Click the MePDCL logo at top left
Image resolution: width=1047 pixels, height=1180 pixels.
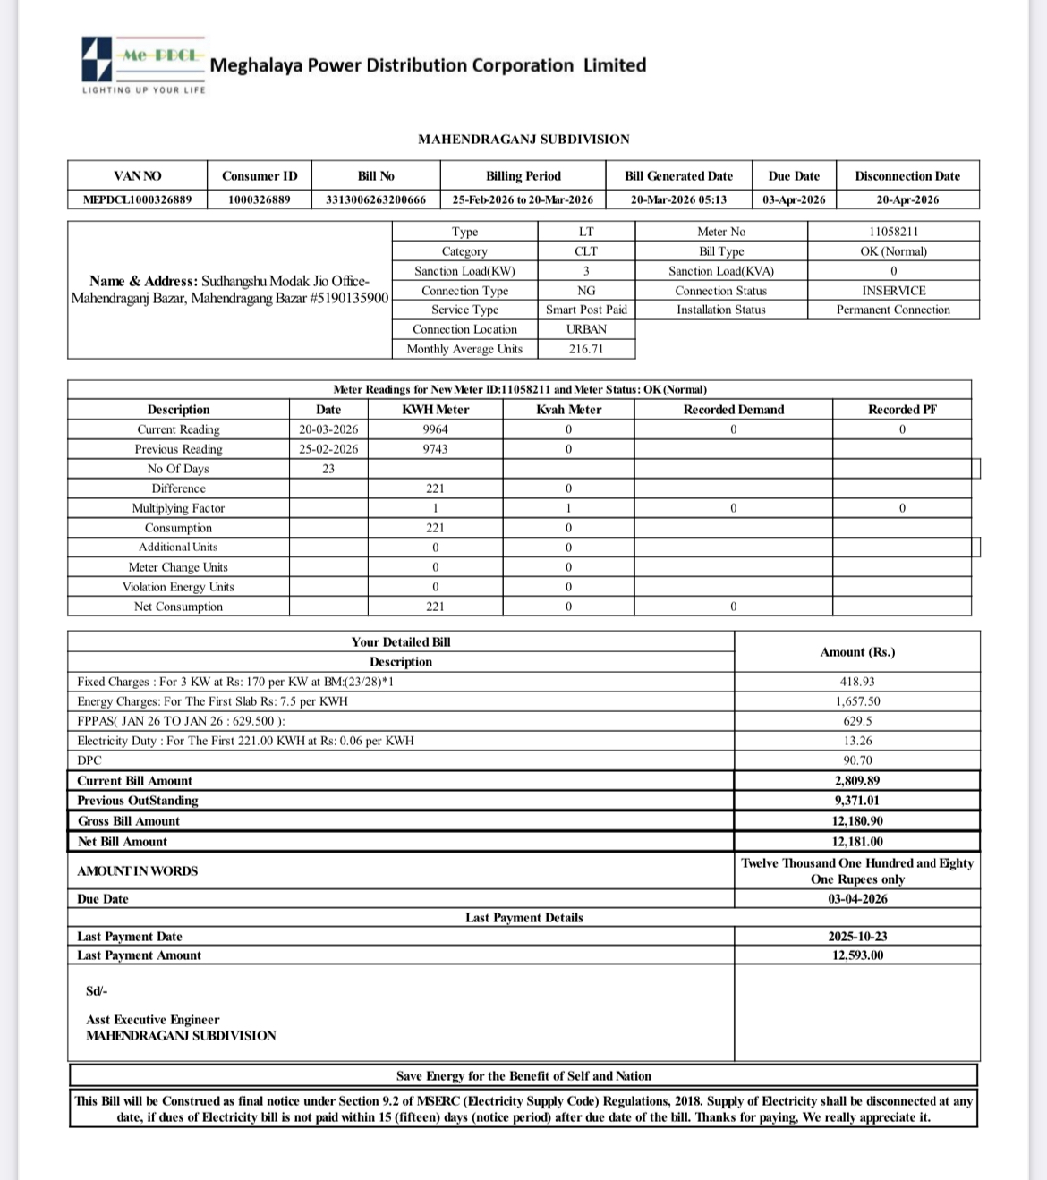143,65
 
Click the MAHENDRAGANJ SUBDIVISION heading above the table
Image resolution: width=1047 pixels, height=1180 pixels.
523,139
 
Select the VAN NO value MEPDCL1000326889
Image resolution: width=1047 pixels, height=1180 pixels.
137,199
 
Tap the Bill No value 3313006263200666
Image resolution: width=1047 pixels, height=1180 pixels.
376,199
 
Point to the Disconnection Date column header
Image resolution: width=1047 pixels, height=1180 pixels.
907,176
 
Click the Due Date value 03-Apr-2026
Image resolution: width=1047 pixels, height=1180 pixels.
794,199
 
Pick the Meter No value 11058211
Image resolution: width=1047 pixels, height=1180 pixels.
893,232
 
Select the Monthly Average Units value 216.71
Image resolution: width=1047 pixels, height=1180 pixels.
586,349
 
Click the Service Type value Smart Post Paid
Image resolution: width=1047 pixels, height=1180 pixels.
586,310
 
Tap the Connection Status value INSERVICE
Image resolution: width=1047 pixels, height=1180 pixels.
893,291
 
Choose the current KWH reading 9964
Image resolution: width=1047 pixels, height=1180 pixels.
435,429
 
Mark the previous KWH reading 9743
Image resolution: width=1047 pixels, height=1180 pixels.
435,449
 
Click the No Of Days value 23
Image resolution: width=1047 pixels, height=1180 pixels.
328,469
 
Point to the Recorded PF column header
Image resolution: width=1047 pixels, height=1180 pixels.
902,410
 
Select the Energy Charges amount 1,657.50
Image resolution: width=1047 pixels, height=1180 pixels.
857,701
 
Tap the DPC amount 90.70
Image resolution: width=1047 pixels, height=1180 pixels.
857,760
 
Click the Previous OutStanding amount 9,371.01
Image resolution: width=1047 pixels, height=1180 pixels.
857,801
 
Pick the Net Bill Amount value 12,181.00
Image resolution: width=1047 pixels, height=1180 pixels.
857,842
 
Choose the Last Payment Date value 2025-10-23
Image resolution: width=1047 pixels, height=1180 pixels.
857,937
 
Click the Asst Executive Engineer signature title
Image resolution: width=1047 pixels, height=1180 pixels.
152,1020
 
